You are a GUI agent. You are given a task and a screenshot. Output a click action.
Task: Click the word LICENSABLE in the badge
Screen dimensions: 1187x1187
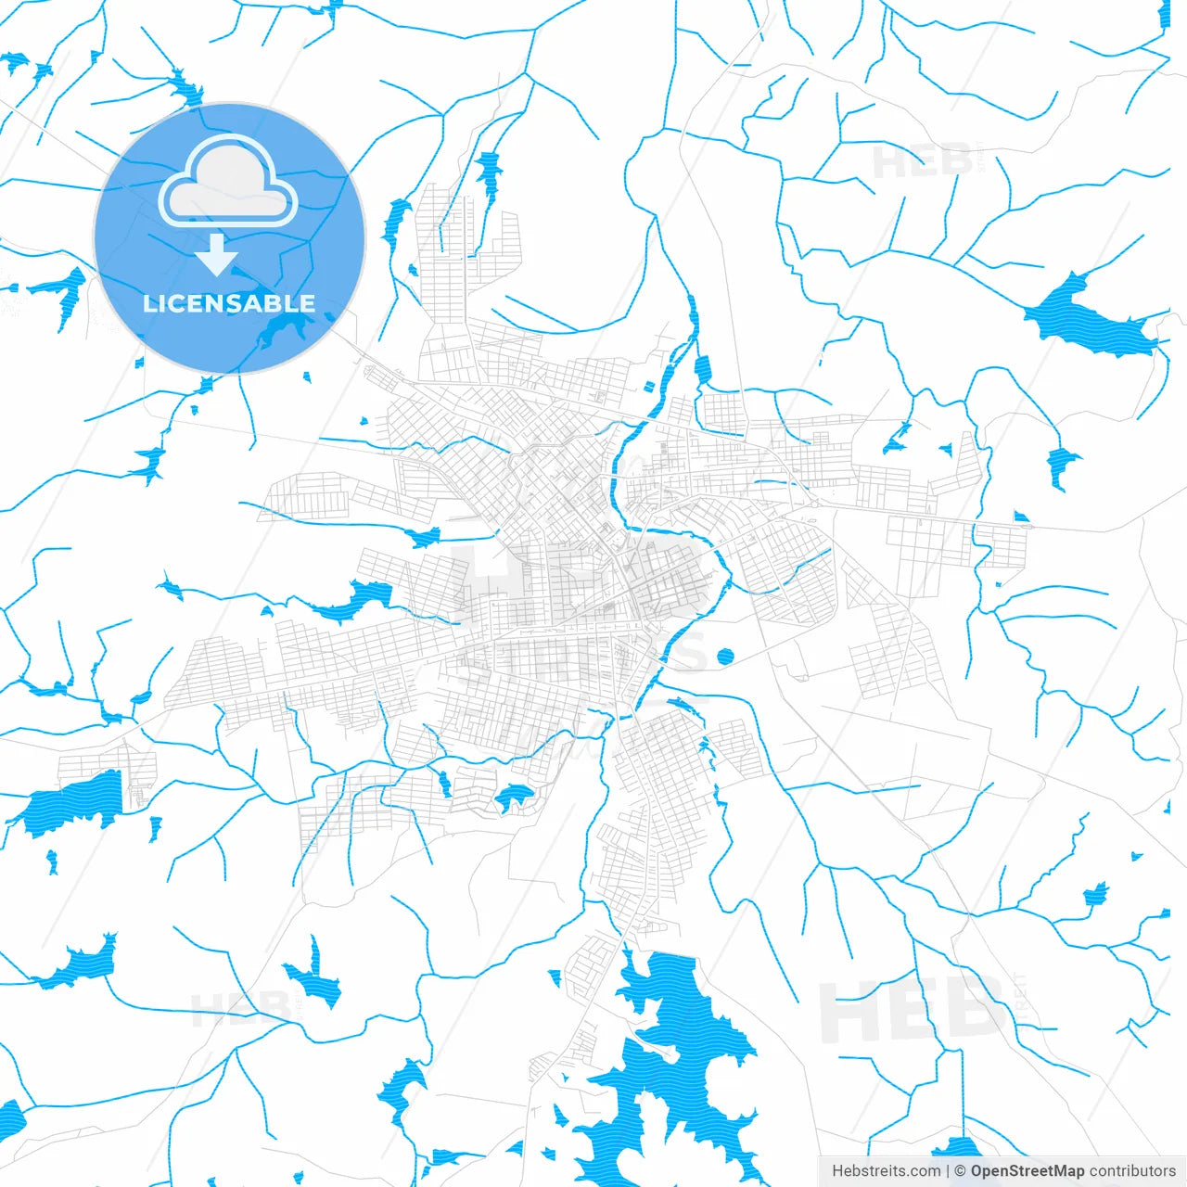[229, 303]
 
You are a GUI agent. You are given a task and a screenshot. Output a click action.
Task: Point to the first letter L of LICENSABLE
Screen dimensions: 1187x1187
[149, 303]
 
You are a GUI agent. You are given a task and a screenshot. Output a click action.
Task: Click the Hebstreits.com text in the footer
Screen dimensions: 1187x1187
[886, 1171]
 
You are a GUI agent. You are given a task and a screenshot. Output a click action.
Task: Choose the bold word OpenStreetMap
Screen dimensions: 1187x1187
[1027, 1171]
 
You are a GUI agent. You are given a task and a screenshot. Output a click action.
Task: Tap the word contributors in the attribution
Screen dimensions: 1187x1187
[1132, 1171]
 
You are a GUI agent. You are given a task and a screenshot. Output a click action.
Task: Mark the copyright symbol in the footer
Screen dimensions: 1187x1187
[960, 1171]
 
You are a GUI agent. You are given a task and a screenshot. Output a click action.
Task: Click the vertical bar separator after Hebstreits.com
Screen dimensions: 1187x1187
[947, 1171]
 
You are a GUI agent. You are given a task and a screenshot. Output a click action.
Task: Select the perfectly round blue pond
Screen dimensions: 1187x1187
[725, 657]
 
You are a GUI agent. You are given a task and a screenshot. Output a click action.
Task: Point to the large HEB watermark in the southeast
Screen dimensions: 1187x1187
[913, 1011]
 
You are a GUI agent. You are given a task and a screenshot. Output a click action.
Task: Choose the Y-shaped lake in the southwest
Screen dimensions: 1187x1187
[311, 974]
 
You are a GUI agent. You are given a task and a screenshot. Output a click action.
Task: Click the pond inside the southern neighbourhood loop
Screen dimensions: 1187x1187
[513, 796]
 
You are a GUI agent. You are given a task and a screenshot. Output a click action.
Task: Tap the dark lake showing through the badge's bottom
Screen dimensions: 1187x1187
[278, 329]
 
